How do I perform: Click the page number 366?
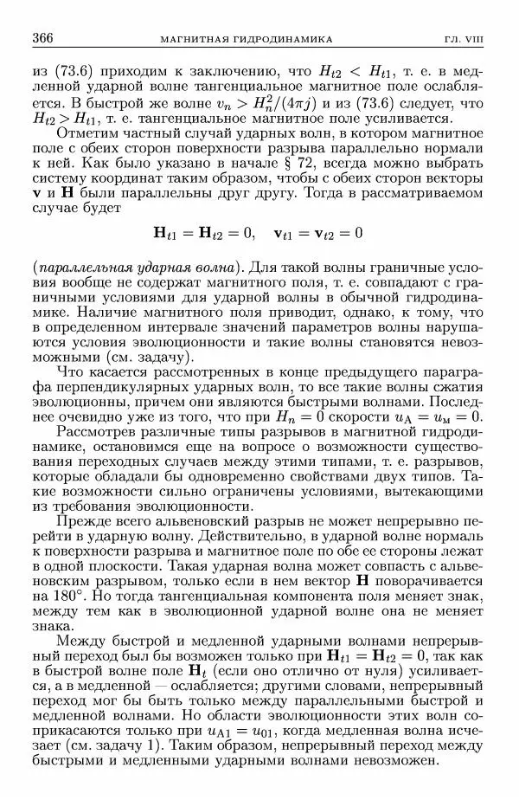[x=43, y=38]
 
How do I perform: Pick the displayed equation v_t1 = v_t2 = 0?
[x=317, y=233]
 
